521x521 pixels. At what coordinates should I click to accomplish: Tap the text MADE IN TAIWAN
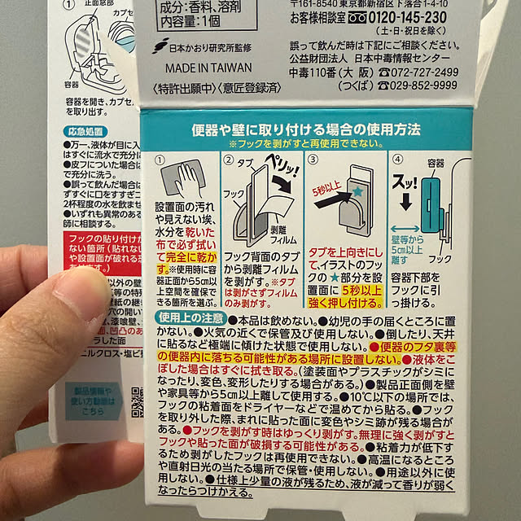[208, 68]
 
